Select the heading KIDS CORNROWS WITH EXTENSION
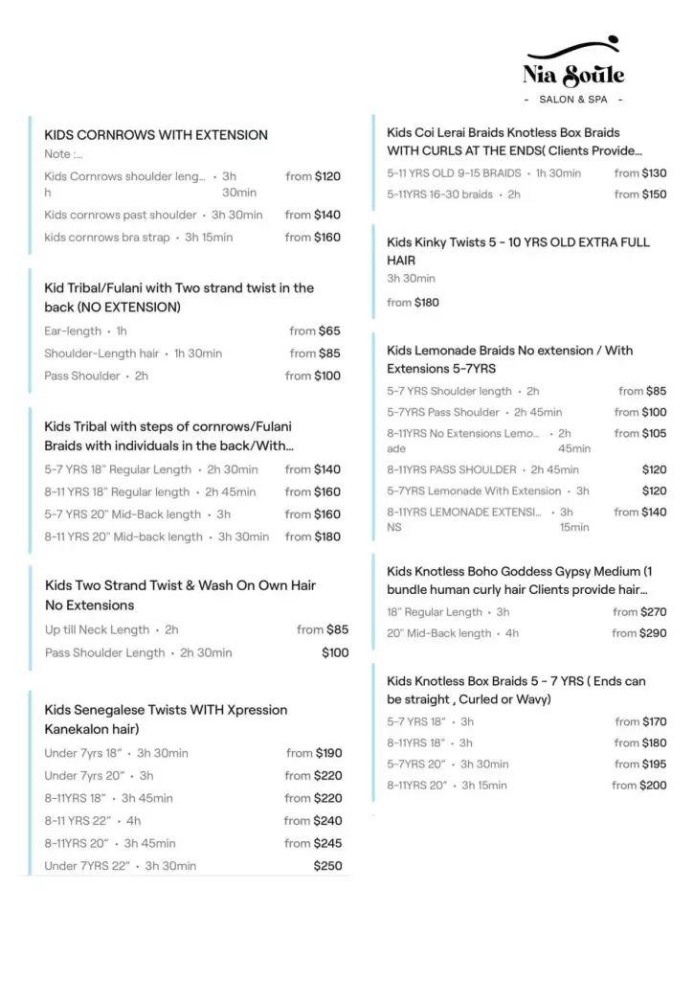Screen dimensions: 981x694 [156, 135]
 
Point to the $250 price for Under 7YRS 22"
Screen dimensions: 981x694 [326, 866]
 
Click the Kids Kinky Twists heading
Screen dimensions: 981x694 [518, 251]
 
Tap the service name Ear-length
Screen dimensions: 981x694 [73, 331]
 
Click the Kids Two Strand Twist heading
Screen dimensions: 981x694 [180, 595]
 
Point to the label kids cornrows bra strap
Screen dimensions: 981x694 [106, 238]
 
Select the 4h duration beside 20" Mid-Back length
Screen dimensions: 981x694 [512, 633]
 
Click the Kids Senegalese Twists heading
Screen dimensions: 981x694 [166, 719]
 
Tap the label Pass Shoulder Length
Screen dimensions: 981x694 [104, 653]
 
